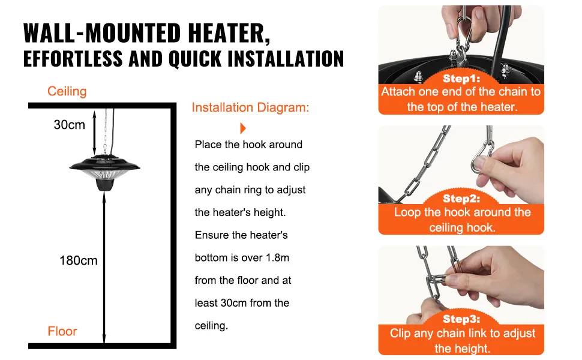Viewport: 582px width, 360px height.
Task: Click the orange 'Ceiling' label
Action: click(x=67, y=91)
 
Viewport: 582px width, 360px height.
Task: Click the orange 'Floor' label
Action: click(x=62, y=331)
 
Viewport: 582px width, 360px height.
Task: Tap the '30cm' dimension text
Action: click(x=70, y=125)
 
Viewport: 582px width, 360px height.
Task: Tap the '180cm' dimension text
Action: click(x=78, y=260)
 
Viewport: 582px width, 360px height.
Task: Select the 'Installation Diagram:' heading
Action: click(x=250, y=108)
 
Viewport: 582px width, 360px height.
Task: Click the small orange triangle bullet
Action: click(x=243, y=128)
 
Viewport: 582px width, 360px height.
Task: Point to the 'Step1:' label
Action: click(x=461, y=79)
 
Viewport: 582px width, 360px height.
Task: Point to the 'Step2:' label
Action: click(x=461, y=199)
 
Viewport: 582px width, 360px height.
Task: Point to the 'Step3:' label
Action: click(x=461, y=319)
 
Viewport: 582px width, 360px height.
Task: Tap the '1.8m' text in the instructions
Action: click(x=277, y=257)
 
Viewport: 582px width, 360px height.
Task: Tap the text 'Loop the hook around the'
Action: click(x=461, y=212)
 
